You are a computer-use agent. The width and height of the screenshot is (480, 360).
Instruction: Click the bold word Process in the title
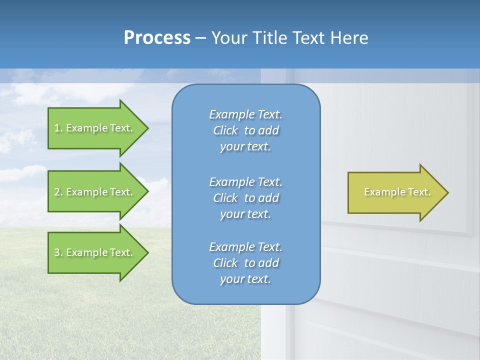click(x=157, y=38)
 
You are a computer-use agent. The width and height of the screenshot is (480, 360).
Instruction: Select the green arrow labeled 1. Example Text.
click(x=95, y=128)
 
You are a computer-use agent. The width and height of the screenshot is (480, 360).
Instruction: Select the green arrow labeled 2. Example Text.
click(x=95, y=192)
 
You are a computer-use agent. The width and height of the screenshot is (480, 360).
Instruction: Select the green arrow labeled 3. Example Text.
click(x=95, y=252)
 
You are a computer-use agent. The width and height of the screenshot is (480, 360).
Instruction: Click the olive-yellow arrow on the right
click(x=395, y=192)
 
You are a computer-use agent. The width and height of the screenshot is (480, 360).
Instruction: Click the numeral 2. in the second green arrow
click(x=58, y=192)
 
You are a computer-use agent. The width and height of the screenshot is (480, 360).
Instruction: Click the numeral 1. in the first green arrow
click(x=58, y=128)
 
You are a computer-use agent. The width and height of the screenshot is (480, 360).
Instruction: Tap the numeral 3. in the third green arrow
click(x=58, y=252)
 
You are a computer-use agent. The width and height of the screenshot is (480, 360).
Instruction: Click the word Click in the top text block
click(x=225, y=130)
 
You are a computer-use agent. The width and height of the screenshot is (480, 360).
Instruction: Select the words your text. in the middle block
click(x=245, y=214)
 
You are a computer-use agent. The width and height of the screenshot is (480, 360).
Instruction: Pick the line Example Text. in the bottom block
click(x=245, y=247)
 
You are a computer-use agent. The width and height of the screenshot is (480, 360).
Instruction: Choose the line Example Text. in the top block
click(x=245, y=114)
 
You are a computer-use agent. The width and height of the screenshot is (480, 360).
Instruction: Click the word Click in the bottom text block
click(x=225, y=263)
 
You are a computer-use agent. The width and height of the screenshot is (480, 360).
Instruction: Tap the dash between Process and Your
click(x=201, y=38)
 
